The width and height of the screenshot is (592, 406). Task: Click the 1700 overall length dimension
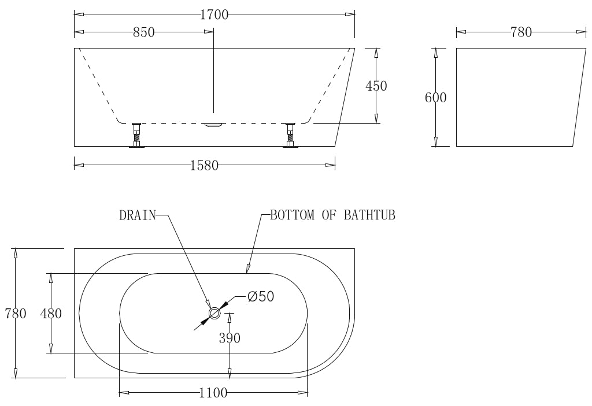(214, 14)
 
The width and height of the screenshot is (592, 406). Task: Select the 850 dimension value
(144, 32)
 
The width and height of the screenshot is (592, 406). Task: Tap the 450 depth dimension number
(376, 86)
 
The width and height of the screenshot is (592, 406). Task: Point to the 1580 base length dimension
(204, 166)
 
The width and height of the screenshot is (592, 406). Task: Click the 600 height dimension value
(435, 98)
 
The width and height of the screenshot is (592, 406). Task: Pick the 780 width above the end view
(521, 32)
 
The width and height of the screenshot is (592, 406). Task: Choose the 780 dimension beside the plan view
(15, 314)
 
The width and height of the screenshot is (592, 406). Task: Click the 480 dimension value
(51, 314)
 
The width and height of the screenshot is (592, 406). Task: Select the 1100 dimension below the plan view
(213, 394)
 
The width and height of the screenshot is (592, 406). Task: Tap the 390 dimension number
(230, 338)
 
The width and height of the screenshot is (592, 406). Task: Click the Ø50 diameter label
(260, 297)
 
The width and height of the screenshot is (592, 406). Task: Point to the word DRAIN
(138, 216)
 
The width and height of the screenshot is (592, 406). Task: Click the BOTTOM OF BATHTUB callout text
(332, 216)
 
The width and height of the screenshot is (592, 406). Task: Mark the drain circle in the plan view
(214, 314)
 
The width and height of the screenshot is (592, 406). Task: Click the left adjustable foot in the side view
(137, 135)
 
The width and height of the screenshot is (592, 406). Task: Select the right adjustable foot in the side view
(290, 135)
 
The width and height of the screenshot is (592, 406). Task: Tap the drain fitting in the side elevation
(214, 124)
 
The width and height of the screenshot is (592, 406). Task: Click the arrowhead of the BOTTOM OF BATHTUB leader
(248, 269)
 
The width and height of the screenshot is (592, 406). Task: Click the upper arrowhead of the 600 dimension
(435, 53)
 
